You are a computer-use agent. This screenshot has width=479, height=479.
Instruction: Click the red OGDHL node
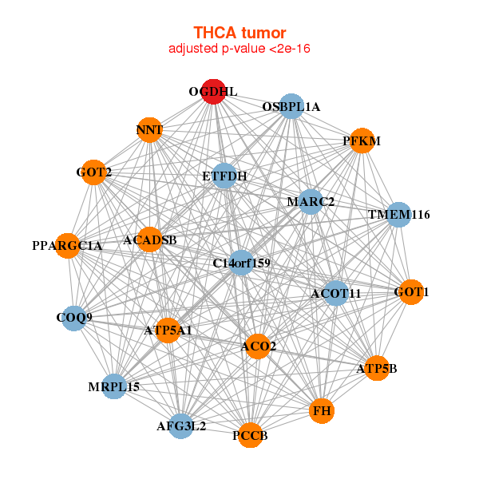[213, 91]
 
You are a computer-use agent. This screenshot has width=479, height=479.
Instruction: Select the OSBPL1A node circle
[291, 107]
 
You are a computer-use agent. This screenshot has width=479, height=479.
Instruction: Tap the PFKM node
[362, 141]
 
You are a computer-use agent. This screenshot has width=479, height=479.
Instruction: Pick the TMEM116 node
[398, 215]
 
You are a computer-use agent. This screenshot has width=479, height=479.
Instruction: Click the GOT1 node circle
[411, 292]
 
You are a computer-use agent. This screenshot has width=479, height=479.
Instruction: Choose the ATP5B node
[376, 368]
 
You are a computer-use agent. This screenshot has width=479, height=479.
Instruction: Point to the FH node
[322, 411]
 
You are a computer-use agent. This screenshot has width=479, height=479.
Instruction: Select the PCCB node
[250, 435]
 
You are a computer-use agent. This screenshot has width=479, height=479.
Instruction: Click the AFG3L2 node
[181, 426]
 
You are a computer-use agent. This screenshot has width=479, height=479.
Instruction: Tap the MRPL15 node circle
[114, 386]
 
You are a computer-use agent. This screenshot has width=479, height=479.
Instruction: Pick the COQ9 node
[74, 318]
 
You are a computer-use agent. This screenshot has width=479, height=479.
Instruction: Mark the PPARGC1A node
[68, 245]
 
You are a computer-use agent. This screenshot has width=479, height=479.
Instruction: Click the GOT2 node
[94, 172]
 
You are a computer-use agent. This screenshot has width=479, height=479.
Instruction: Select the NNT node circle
[149, 129]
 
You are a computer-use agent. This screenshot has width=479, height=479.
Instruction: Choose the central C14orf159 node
[242, 263]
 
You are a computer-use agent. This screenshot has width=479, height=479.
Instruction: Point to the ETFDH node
[224, 176]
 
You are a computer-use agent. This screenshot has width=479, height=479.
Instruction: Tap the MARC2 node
[311, 201]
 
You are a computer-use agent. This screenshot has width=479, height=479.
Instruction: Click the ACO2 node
[258, 346]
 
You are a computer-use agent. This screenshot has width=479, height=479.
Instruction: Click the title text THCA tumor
[239, 33]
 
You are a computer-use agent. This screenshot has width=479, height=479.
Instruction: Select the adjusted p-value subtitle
[239, 49]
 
